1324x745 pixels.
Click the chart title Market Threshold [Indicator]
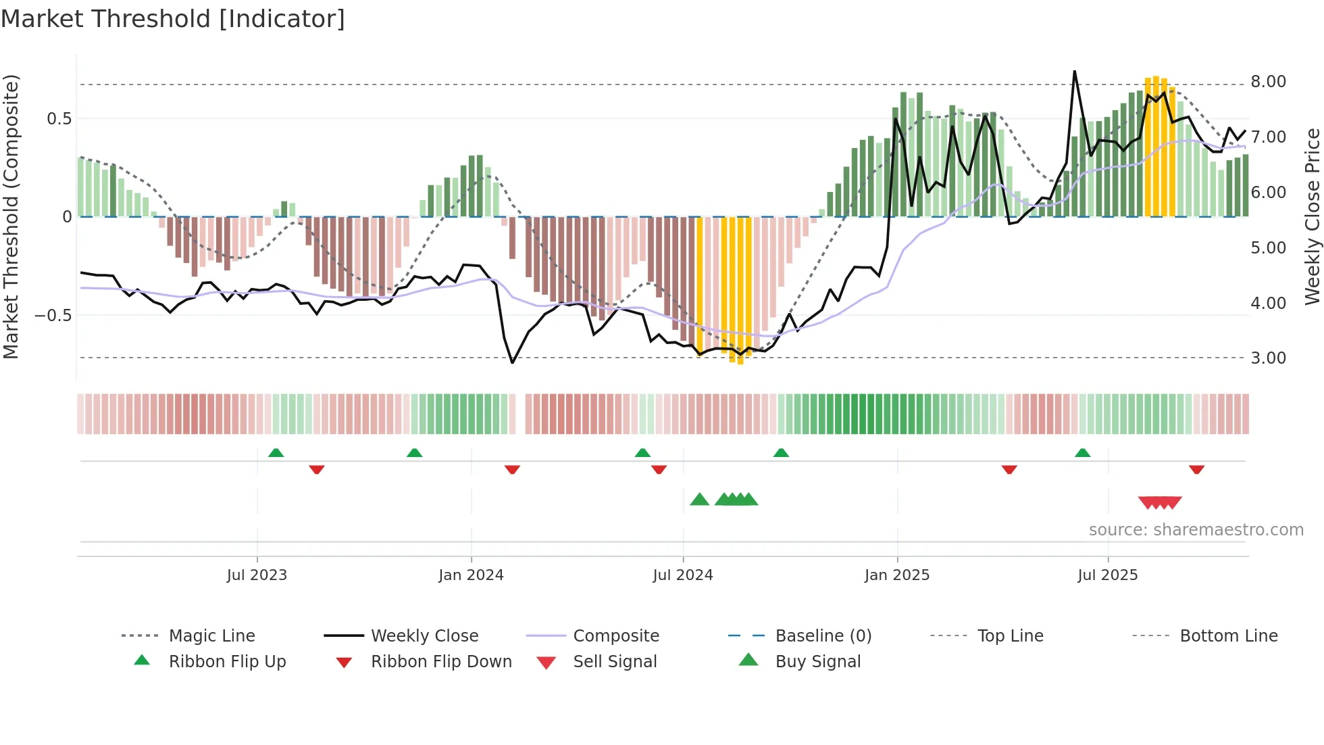coord(173,19)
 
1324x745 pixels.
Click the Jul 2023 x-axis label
coord(257,575)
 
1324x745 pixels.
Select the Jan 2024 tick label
coord(471,575)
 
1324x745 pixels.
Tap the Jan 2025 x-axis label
coord(897,575)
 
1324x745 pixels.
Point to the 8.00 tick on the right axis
coord(1268,82)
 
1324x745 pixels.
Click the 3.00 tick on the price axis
coord(1268,358)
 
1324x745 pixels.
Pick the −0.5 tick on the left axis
coord(53,316)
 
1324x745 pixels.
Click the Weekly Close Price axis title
coord(1312,216)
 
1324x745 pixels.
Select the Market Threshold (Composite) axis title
coord(11,216)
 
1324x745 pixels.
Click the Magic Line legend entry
coord(211,636)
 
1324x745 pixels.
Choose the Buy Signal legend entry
coord(817,662)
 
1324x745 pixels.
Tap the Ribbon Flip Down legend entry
coord(440,662)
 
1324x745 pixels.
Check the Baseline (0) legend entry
coord(823,636)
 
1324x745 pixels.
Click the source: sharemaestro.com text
coord(1196,530)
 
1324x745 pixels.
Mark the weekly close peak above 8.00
coord(1074,72)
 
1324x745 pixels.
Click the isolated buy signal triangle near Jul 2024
coord(700,500)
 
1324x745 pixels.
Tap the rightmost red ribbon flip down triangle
coord(1196,469)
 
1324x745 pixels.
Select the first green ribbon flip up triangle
coord(276,452)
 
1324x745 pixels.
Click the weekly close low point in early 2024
coord(512,362)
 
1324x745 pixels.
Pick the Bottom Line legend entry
coord(1228,636)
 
